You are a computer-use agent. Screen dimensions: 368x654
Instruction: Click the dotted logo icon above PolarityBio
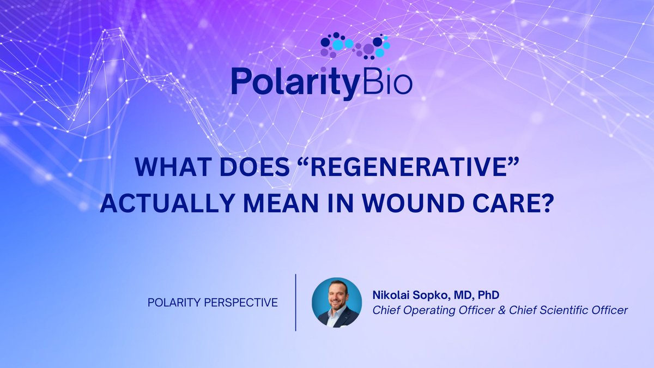click(355, 47)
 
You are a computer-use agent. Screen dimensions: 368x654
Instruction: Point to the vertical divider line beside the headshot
click(295, 302)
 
